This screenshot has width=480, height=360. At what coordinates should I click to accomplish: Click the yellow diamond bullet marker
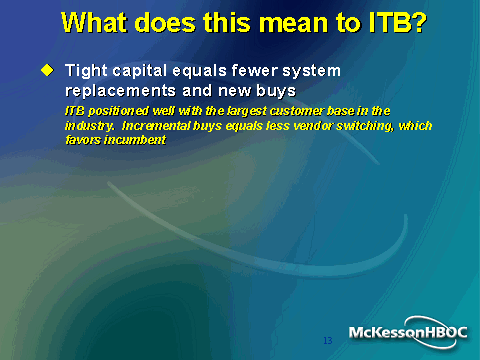pos(47,70)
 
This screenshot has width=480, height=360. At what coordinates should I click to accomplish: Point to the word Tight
pos(86,71)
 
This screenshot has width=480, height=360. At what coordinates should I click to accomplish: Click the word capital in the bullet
pos(140,71)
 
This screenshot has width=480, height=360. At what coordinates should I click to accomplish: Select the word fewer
pos(255,70)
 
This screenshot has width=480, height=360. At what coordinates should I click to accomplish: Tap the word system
pos(312,72)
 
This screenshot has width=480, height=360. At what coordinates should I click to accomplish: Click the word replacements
pos(120,91)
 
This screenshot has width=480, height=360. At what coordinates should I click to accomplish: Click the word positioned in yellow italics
pos(118,111)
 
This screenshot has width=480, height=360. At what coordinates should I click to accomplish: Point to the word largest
pos(247,111)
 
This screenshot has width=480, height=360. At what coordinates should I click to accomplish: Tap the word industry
pos(90,126)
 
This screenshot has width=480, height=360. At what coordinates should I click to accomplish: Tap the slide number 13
pos(328,340)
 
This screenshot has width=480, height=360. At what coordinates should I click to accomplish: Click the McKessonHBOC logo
pos(408,332)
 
